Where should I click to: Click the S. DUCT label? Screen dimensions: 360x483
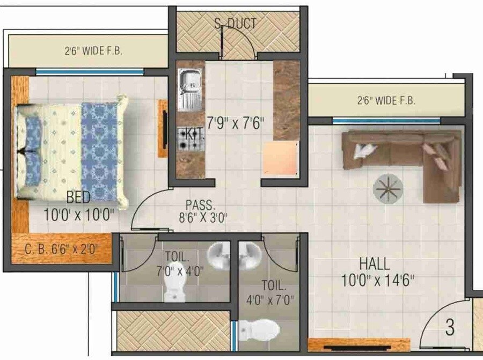click(x=235, y=24)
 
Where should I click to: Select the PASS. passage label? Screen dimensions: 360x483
click(x=200, y=204)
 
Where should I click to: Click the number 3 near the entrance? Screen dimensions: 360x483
click(x=450, y=326)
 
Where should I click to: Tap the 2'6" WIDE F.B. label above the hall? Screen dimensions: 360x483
click(x=387, y=100)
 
